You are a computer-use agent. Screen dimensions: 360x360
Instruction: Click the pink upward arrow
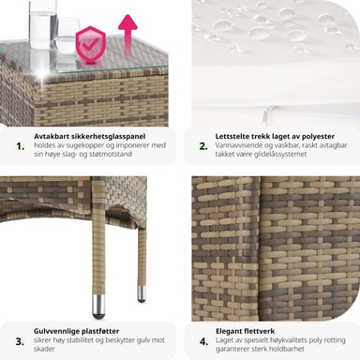[x=127, y=36]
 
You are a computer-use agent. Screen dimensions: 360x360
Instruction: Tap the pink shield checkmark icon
[x=90, y=44]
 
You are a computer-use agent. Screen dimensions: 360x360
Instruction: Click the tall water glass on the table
[x=43, y=24]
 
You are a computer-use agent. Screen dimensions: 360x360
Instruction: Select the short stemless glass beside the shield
[x=67, y=36]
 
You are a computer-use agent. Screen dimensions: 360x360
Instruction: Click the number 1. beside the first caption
[x=21, y=146]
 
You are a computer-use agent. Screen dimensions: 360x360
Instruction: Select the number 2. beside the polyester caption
[x=203, y=146]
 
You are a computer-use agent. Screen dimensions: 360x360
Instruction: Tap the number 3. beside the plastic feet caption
[x=20, y=341]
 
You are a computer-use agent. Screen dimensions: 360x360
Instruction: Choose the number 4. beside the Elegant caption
[x=203, y=341]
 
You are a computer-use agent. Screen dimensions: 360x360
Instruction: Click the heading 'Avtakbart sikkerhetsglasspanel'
[x=90, y=137]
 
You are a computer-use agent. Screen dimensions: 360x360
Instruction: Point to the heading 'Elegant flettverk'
[x=245, y=331]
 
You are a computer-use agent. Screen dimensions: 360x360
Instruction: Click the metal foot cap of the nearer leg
[x=98, y=307]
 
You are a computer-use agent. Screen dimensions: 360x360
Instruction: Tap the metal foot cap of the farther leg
[x=142, y=293]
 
